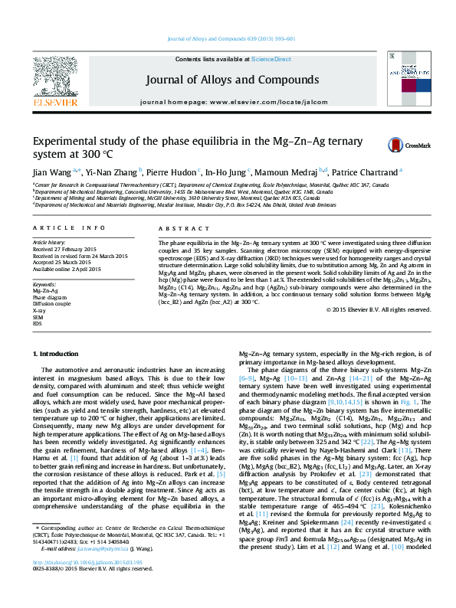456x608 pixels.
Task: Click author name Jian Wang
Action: [50, 172]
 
